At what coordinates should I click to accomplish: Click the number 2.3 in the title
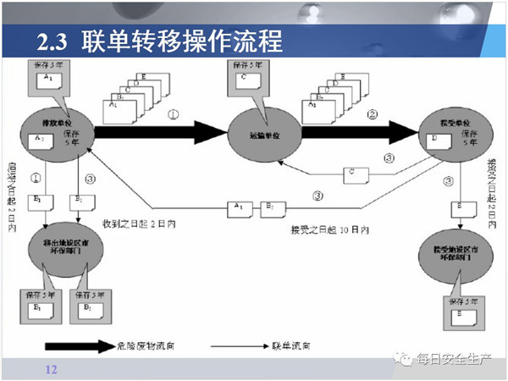pyautogui.click(x=54, y=41)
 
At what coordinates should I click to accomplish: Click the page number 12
pyautogui.click(x=50, y=369)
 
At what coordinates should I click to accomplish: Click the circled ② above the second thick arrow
pyautogui.click(x=372, y=113)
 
